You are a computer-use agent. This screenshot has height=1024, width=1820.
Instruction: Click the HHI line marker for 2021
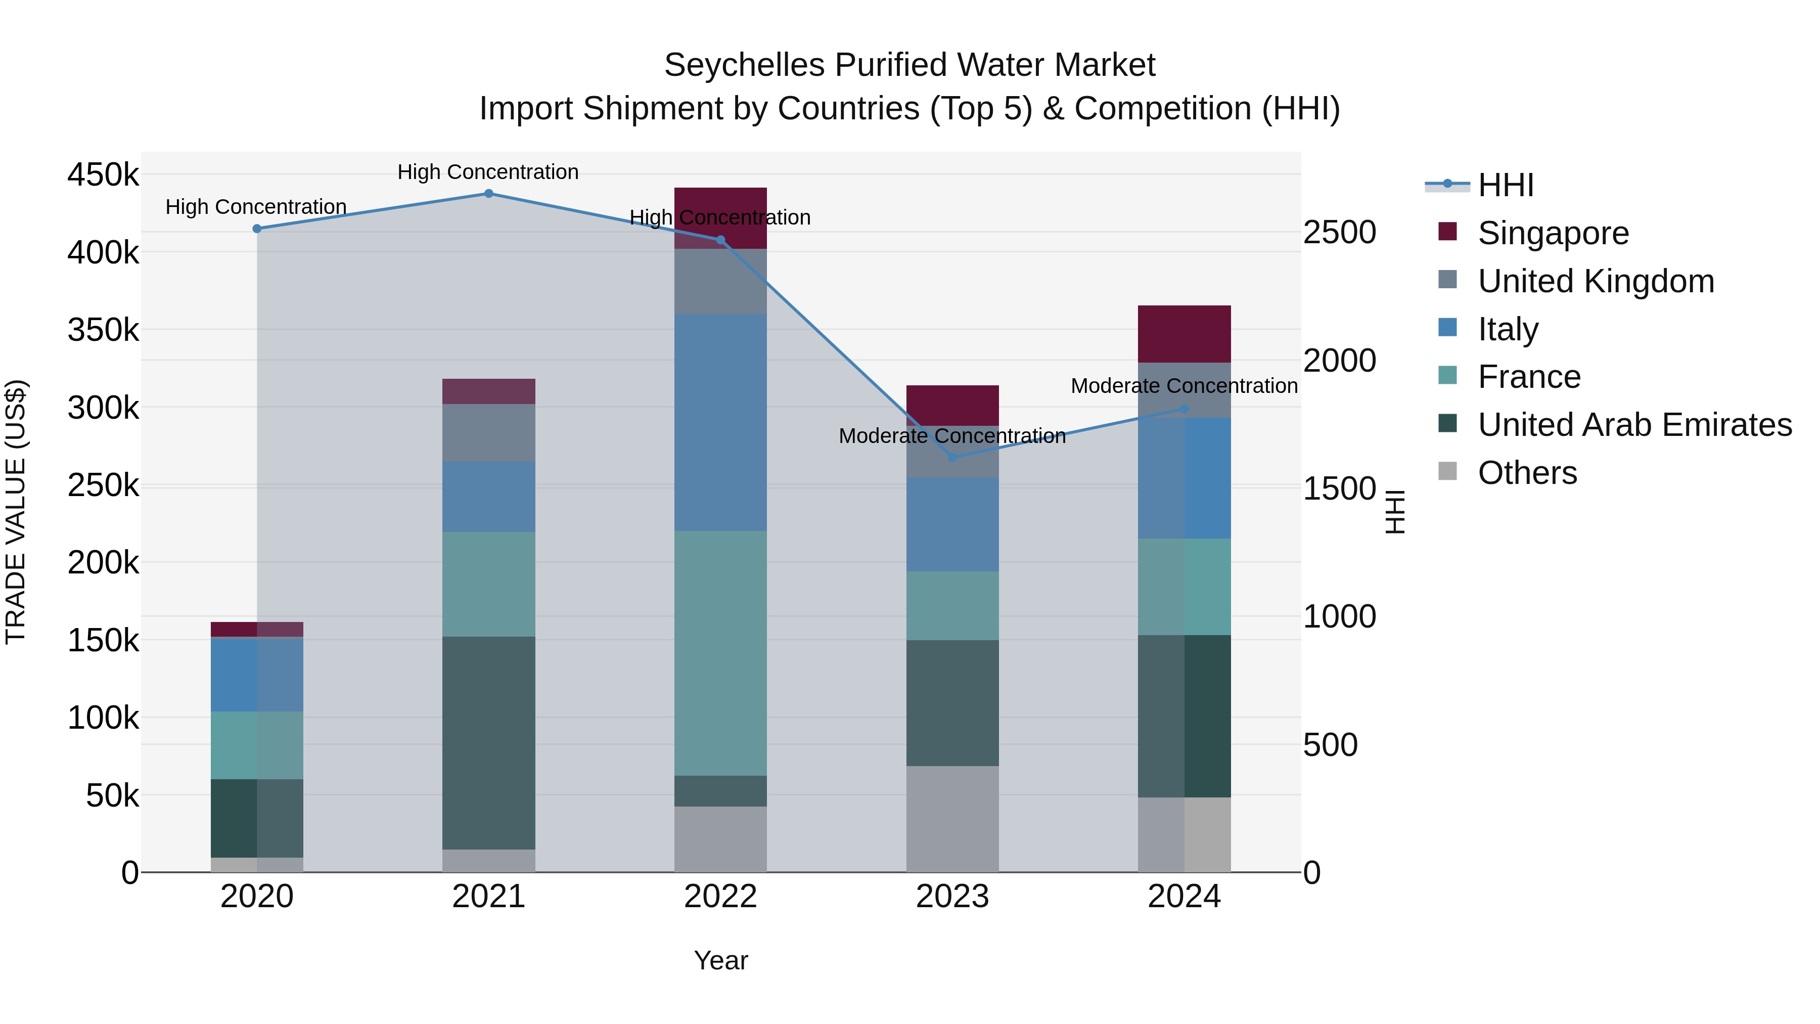[488, 194]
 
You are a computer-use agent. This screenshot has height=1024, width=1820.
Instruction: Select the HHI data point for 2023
[952, 457]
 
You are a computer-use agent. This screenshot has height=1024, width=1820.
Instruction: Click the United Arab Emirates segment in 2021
[488, 742]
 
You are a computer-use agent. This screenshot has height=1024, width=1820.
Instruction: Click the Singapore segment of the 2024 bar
[1184, 334]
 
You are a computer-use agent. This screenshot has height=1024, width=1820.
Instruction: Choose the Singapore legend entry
[1552, 233]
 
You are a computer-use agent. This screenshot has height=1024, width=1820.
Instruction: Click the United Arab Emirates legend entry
[1634, 425]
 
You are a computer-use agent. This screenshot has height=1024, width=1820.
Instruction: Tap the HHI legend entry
[1505, 185]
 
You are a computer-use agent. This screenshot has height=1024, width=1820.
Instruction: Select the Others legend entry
[1527, 473]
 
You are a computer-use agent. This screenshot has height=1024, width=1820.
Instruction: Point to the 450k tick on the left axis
[103, 174]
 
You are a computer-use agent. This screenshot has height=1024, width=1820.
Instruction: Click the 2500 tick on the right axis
[1339, 233]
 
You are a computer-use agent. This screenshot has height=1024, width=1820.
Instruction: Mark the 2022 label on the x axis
[720, 897]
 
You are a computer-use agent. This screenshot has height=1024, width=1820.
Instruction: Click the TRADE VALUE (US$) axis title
[16, 512]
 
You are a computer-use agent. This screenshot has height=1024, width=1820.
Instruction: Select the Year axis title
[720, 960]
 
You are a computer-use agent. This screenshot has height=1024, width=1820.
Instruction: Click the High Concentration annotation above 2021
[488, 172]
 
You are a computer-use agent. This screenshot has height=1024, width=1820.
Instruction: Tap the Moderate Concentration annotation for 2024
[1184, 386]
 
